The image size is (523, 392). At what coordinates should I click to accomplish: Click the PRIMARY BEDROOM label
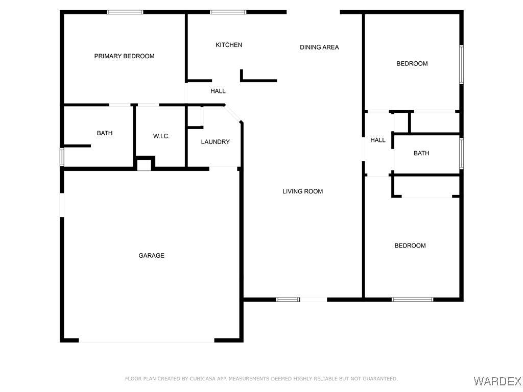pyautogui.click(x=124, y=56)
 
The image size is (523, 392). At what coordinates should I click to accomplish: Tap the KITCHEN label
pyautogui.click(x=229, y=45)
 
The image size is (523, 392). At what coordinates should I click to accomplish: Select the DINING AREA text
pyautogui.click(x=319, y=47)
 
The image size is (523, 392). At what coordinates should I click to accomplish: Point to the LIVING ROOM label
pyautogui.click(x=302, y=191)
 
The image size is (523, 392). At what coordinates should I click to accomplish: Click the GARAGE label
pyautogui.click(x=151, y=255)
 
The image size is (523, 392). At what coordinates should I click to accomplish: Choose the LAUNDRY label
pyautogui.click(x=215, y=142)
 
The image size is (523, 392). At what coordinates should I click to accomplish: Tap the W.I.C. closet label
pyautogui.click(x=161, y=136)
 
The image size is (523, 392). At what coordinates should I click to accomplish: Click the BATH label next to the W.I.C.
pyautogui.click(x=105, y=133)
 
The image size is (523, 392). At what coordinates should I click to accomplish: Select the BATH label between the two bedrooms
pyautogui.click(x=421, y=153)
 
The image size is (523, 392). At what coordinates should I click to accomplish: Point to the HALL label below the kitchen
pyautogui.click(x=218, y=91)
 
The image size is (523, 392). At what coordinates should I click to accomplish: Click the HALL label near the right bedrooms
pyautogui.click(x=378, y=140)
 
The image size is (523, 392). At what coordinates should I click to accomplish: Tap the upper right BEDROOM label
pyautogui.click(x=412, y=64)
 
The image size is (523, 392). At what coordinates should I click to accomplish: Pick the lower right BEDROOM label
pyautogui.click(x=410, y=246)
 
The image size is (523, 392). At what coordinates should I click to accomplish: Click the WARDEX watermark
pyautogui.click(x=497, y=380)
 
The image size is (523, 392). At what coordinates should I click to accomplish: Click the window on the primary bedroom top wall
pyautogui.click(x=125, y=12)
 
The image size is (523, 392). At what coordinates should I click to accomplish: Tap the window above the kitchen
pyautogui.click(x=228, y=12)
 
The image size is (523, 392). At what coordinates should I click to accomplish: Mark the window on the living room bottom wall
pyautogui.click(x=288, y=300)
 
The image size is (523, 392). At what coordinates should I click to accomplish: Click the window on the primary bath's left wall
pyautogui.click(x=62, y=157)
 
